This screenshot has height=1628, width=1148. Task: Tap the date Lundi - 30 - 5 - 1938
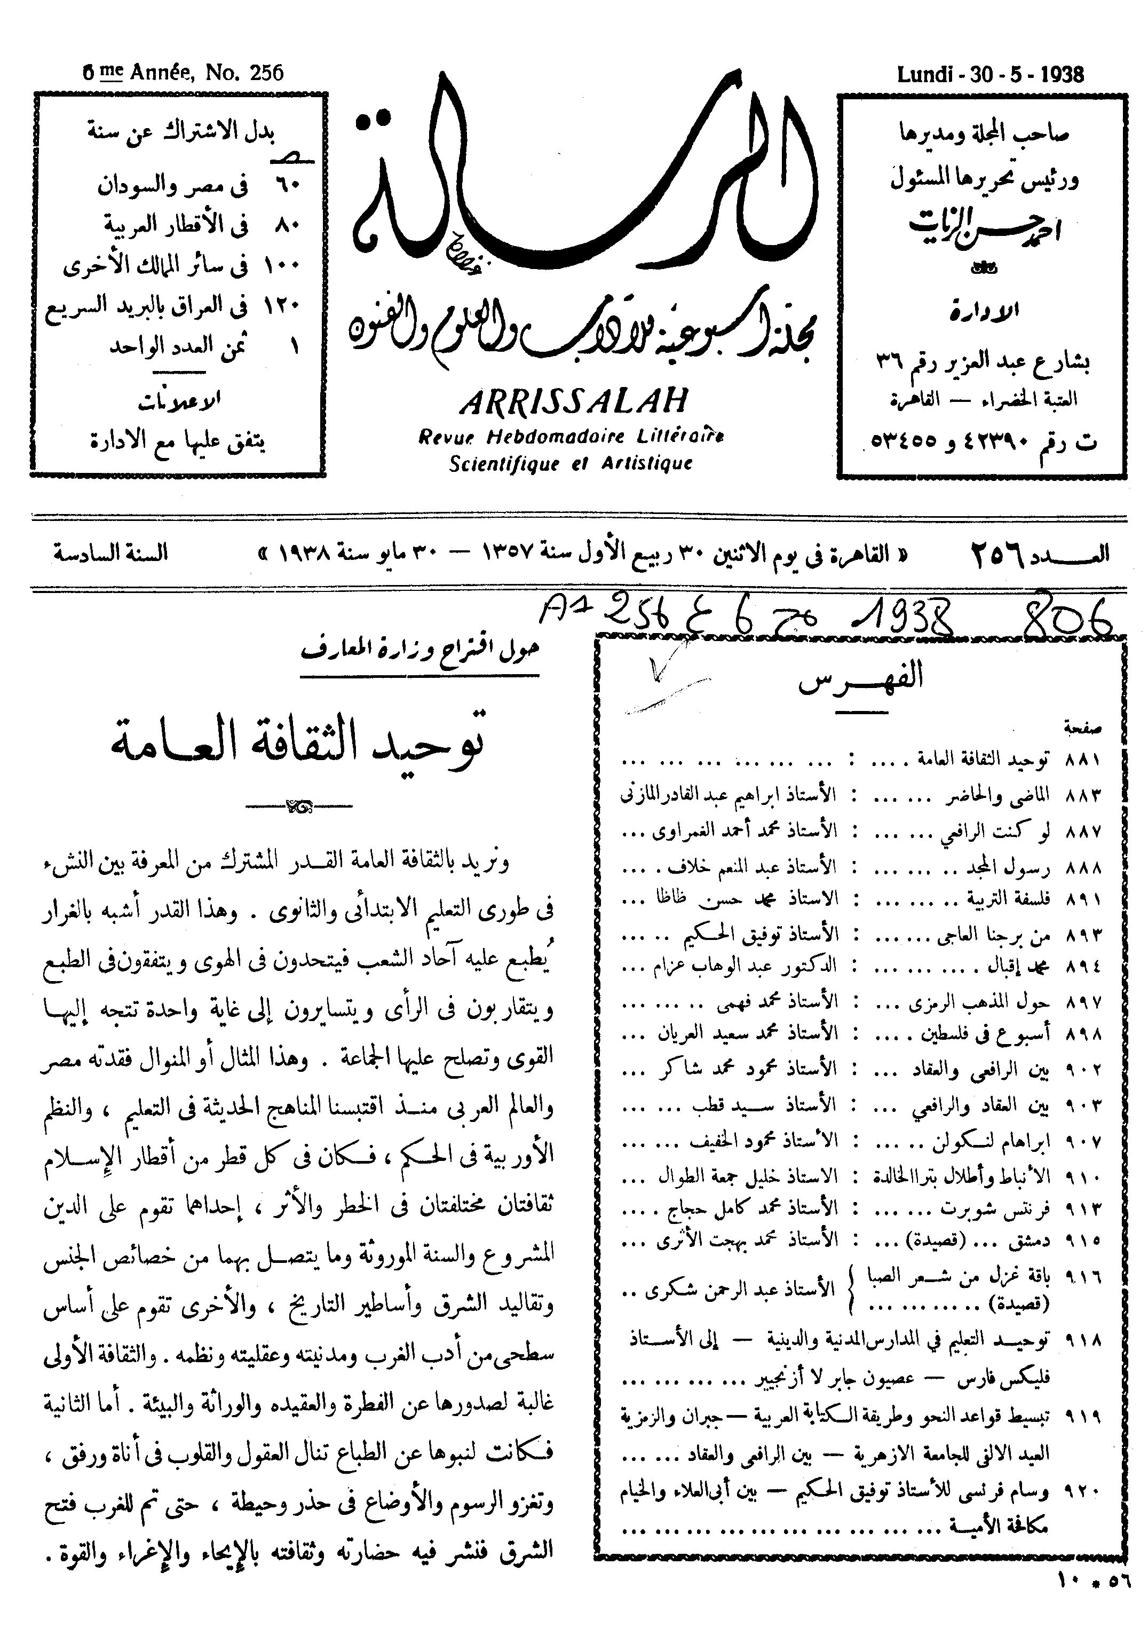pos(990,74)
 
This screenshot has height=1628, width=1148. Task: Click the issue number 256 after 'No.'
pos(266,72)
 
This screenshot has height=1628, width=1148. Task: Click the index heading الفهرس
pos(861,678)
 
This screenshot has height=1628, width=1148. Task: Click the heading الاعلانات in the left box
pos(179,401)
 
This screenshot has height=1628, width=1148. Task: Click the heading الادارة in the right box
pos(984,311)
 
